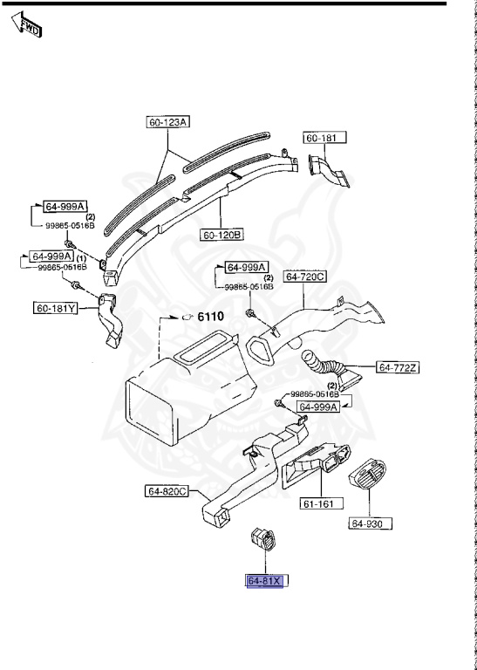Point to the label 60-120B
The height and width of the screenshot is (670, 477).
[222, 235]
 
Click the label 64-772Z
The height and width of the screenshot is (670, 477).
[398, 367]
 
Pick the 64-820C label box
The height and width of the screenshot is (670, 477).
[167, 491]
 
